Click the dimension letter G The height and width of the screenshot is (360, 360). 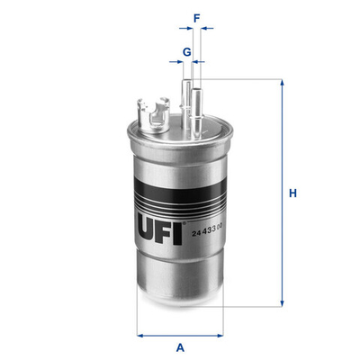coord(186,51)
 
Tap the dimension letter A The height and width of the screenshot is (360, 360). coord(180,346)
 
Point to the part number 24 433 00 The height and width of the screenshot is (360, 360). coord(209,235)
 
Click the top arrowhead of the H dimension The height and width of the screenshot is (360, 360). coord(282,84)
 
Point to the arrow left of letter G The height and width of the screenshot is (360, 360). coord(174,63)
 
